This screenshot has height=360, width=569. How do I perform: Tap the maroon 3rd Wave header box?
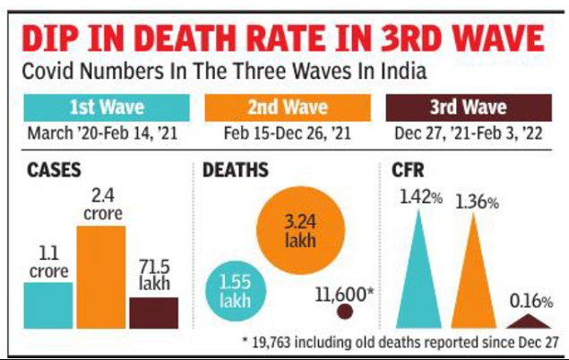(x=467, y=109)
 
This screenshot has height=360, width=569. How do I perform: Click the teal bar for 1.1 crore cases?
(x=48, y=305)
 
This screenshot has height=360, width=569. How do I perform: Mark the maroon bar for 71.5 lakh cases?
(x=154, y=313)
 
